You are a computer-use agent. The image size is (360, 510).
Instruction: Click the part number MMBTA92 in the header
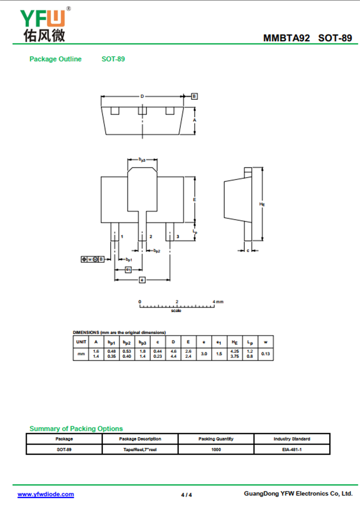pos(287,38)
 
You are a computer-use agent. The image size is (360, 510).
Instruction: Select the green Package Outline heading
pos(55,59)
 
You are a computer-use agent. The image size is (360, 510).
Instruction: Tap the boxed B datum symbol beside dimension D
pos(194,96)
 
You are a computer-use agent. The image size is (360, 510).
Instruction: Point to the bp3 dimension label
pos(142,159)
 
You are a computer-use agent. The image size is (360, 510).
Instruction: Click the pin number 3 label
pos(178,237)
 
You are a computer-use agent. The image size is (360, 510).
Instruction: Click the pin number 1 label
pos(122,237)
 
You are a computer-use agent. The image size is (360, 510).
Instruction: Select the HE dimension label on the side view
pos(262,204)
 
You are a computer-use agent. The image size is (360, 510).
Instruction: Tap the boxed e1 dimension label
pos(129,270)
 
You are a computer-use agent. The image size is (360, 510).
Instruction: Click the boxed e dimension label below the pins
pos(142,280)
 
